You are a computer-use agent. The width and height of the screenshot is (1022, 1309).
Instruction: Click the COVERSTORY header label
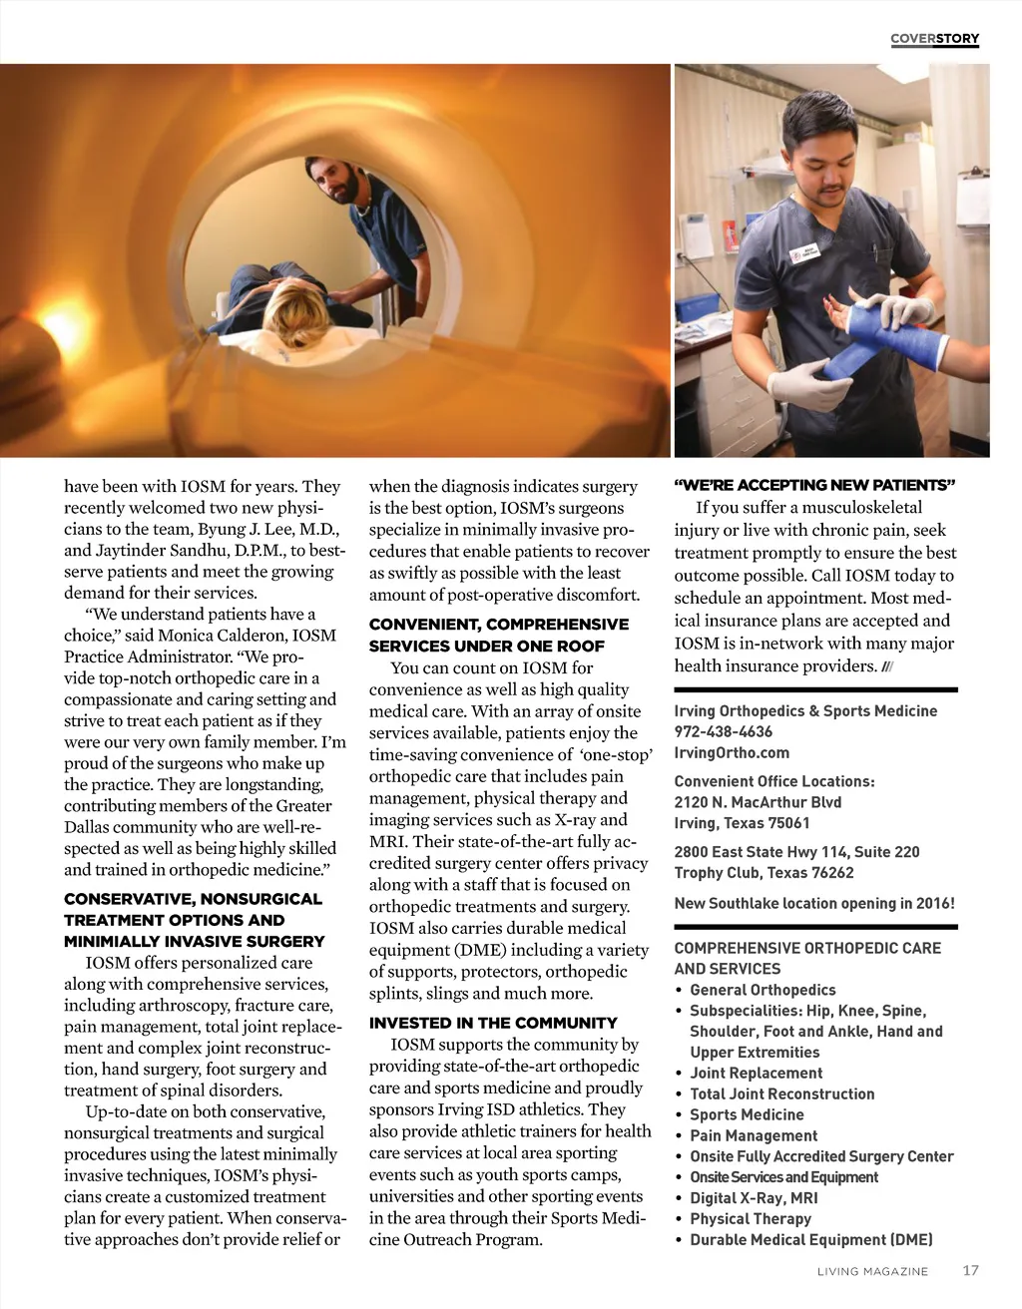[934, 39]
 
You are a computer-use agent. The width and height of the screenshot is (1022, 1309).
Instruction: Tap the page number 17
[970, 1270]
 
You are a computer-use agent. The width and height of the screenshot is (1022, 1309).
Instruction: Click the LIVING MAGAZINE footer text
[872, 1271]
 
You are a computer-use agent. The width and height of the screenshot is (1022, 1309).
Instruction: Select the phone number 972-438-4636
[724, 731]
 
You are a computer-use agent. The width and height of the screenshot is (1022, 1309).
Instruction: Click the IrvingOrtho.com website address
[732, 752]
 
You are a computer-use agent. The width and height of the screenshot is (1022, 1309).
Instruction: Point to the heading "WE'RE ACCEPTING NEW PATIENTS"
[814, 486]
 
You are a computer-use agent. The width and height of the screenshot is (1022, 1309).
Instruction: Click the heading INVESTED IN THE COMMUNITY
[493, 1023]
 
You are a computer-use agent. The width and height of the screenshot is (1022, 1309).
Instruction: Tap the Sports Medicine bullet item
[747, 1114]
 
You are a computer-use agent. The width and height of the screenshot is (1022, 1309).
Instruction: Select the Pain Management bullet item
[754, 1135]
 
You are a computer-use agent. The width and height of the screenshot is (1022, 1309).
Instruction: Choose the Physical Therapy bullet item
[751, 1218]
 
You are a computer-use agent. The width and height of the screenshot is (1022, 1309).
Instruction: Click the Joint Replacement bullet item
[757, 1073]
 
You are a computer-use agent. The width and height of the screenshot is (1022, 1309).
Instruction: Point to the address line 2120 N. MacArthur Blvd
[758, 802]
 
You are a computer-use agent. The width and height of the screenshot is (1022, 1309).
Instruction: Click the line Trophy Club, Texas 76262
[764, 872]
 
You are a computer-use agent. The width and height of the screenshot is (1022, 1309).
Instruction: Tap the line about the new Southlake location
[814, 903]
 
